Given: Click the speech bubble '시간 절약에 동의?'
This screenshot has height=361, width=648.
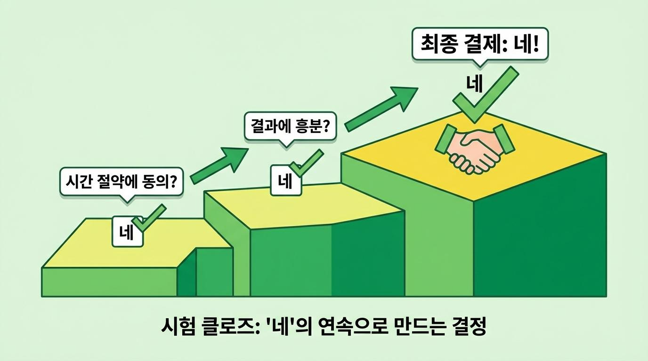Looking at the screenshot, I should point(121,181).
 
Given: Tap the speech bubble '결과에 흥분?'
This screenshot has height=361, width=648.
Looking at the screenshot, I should point(290,126).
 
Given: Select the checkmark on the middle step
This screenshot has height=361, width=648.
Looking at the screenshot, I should point(307,163).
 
